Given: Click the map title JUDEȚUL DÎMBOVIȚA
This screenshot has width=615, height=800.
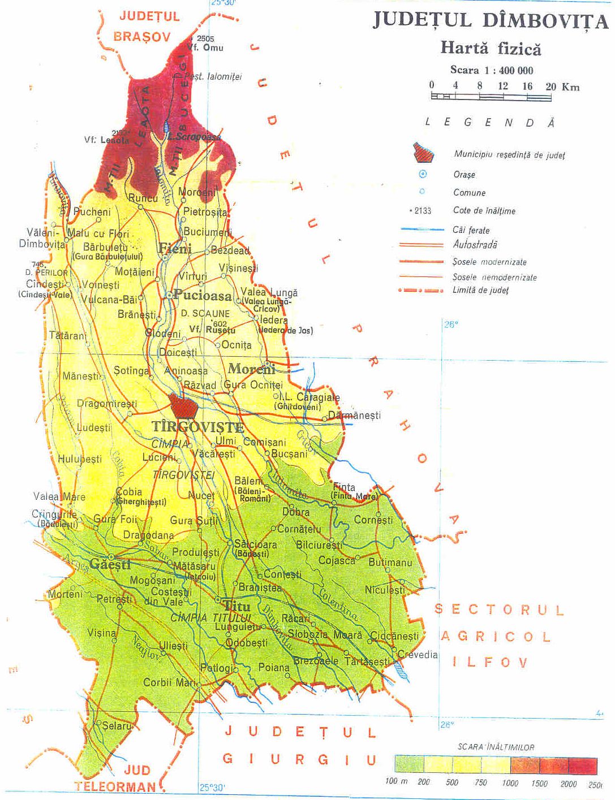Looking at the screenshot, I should [x=490, y=20].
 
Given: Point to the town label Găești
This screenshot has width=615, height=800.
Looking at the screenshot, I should [x=110, y=564].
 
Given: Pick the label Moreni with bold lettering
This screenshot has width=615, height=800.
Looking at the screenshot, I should [x=251, y=369].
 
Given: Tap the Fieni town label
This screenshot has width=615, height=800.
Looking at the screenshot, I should [x=175, y=248].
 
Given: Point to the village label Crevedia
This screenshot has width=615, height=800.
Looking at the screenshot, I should [x=418, y=655].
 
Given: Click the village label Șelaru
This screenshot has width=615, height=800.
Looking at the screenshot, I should [x=117, y=725].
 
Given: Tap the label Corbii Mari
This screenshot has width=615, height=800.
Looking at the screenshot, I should [x=170, y=682].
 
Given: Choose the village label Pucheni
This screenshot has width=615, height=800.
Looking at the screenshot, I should [x=92, y=212].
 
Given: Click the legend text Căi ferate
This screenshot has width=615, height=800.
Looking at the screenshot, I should [x=471, y=230].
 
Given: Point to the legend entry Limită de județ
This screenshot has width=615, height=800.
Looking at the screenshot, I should [x=480, y=290].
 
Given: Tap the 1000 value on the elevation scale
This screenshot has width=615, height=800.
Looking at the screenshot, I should [x=510, y=783].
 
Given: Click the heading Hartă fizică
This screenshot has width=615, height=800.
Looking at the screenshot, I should [x=491, y=48].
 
